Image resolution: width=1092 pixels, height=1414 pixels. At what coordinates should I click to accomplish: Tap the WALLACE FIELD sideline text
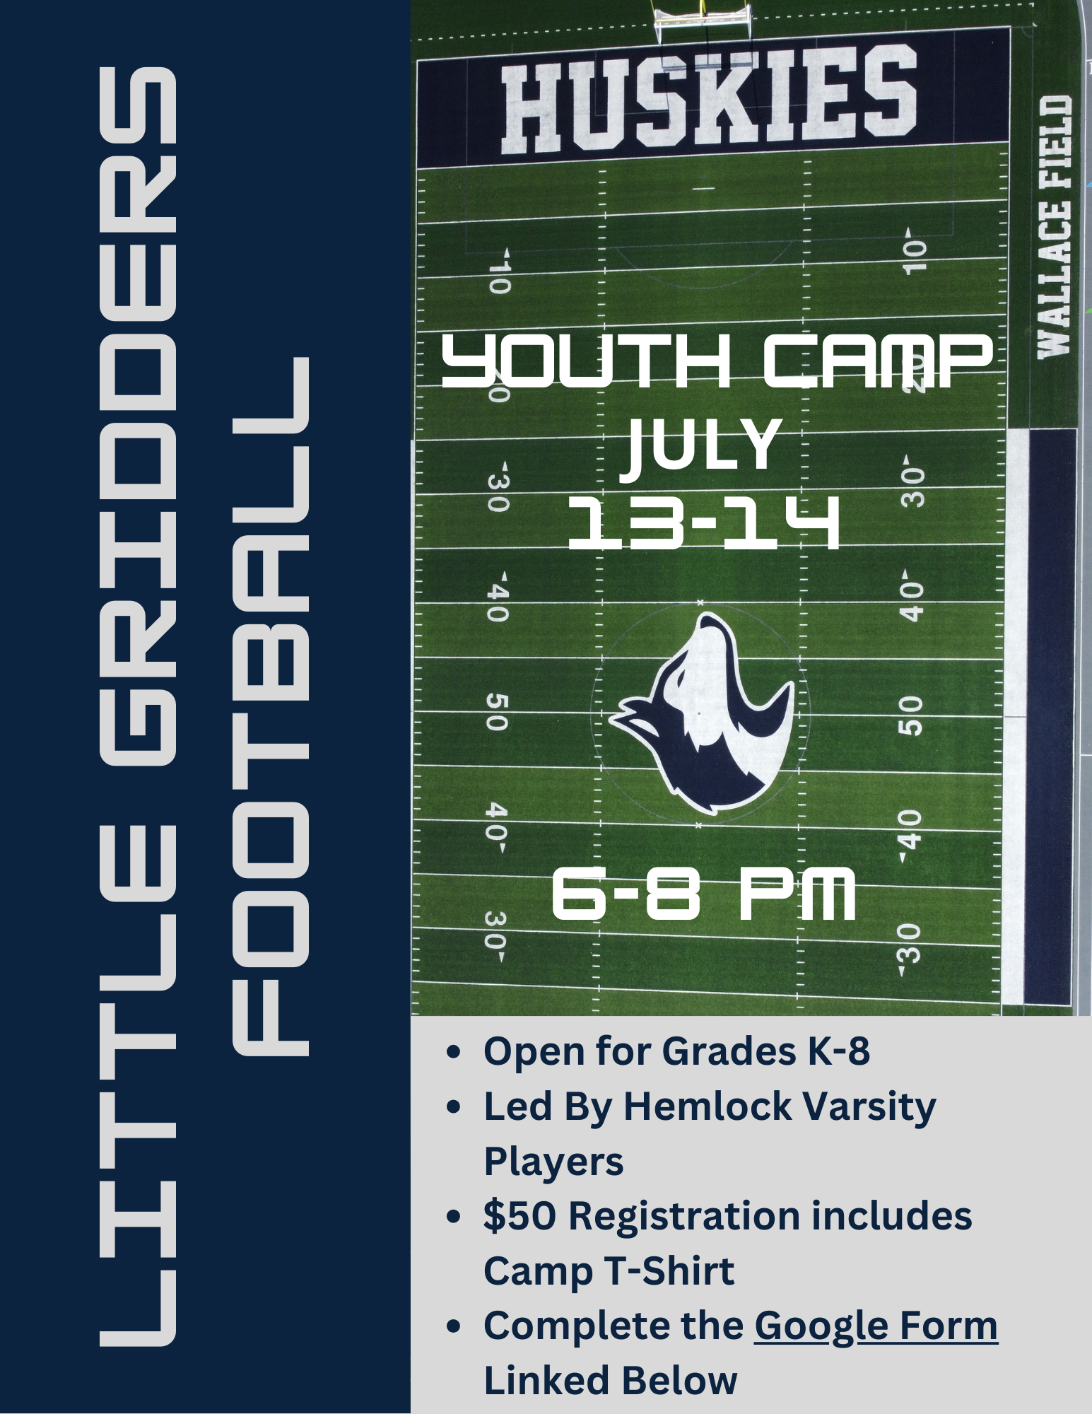[x=1055, y=227]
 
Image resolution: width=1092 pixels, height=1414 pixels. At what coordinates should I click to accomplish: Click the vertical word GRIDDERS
[x=138, y=417]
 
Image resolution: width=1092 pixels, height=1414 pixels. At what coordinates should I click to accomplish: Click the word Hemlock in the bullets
[x=707, y=1106]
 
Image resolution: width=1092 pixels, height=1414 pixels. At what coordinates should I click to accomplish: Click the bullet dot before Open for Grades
[x=454, y=1052]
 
